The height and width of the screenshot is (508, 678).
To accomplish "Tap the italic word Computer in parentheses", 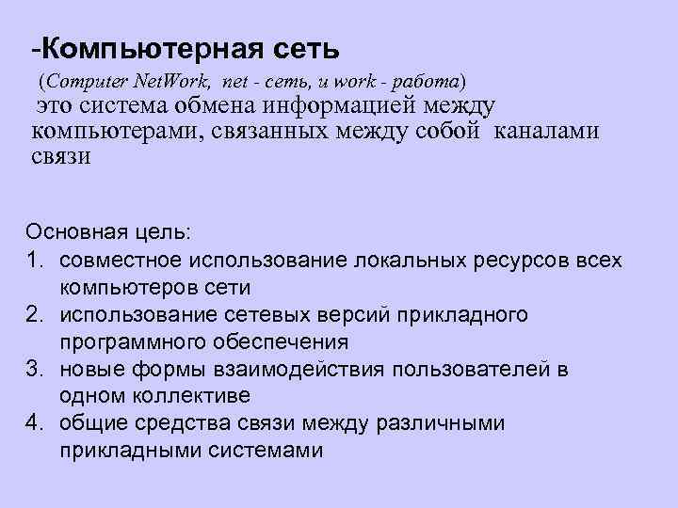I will point(81,79).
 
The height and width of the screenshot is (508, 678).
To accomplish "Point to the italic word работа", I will point(426,79).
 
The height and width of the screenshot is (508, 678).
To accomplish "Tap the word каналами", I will point(545,132).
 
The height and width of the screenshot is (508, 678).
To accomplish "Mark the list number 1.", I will point(35,259).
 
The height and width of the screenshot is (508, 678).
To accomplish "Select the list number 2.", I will point(35,313).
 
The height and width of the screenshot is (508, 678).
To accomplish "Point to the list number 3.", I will point(35,368).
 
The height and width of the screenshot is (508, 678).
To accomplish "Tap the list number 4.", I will point(35,423).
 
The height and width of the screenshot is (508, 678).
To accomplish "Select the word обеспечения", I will point(283,341).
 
